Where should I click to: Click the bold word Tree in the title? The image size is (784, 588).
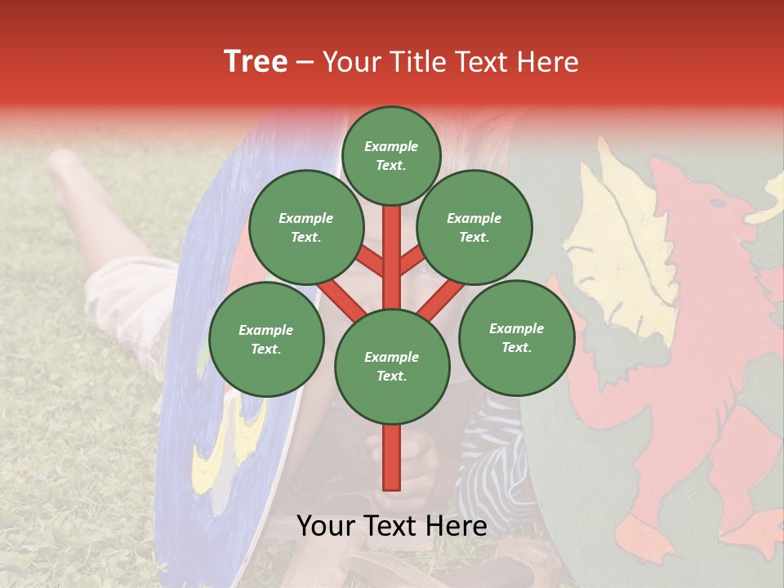tap(256, 62)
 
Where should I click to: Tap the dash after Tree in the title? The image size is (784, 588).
tap(305, 63)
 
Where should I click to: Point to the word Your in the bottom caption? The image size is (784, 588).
tap(327, 526)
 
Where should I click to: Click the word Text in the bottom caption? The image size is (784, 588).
tap(392, 526)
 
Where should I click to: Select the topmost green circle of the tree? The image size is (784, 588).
tap(391, 155)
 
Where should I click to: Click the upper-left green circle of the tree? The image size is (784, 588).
tap(305, 227)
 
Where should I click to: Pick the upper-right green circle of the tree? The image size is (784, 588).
tap(474, 227)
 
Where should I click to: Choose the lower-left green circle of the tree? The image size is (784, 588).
tap(265, 339)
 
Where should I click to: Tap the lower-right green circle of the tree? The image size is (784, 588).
tap(516, 337)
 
